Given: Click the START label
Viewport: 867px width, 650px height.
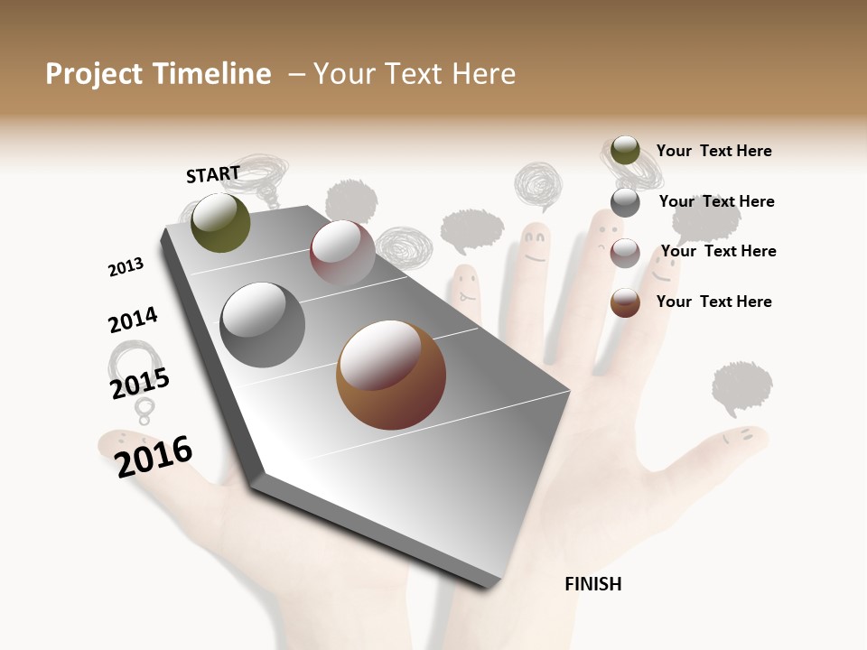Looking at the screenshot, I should (x=213, y=174).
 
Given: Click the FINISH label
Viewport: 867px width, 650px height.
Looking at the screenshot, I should (x=593, y=584).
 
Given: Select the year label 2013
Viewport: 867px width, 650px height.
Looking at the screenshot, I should (x=126, y=266).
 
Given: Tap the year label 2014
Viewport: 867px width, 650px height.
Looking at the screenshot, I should (x=133, y=320).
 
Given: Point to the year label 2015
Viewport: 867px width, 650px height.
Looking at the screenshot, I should (x=140, y=384).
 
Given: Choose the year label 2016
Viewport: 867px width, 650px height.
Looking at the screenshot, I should (x=154, y=456).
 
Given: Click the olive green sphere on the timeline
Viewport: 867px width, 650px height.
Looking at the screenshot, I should (x=221, y=223).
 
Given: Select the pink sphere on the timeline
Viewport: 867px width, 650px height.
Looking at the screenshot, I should (x=342, y=253).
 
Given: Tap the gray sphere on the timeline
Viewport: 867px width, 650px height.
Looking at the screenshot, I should (x=263, y=325).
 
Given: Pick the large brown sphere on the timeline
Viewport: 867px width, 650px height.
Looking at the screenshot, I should (x=391, y=375).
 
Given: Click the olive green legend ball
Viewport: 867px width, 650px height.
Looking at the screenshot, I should (x=625, y=151).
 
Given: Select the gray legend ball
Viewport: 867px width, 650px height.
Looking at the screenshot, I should (x=625, y=202).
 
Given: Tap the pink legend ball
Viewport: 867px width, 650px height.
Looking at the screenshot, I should (x=625, y=253).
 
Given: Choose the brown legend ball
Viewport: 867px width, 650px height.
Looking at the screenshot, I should (x=625, y=302).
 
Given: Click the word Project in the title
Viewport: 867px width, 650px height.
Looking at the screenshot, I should (x=93, y=74).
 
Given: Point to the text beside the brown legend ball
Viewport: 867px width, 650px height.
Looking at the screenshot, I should (x=713, y=302).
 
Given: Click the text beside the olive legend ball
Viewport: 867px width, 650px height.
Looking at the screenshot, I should (x=713, y=151).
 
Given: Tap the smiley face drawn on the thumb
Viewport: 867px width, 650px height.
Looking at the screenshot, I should (x=738, y=437).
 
